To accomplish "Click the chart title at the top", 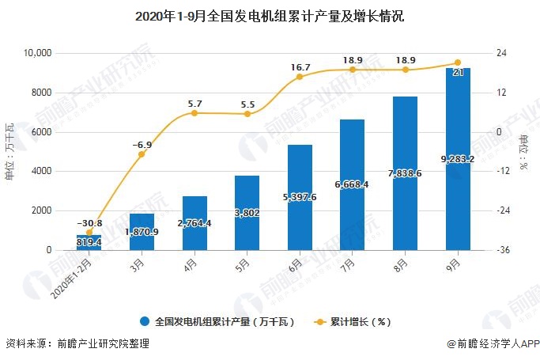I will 270,16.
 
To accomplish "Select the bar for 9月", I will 459,158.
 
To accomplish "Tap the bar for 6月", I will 300,198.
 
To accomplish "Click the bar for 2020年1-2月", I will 89,242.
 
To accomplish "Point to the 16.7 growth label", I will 300,68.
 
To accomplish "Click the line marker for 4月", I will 194,113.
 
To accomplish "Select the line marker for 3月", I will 142,154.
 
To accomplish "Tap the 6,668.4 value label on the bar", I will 353,184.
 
